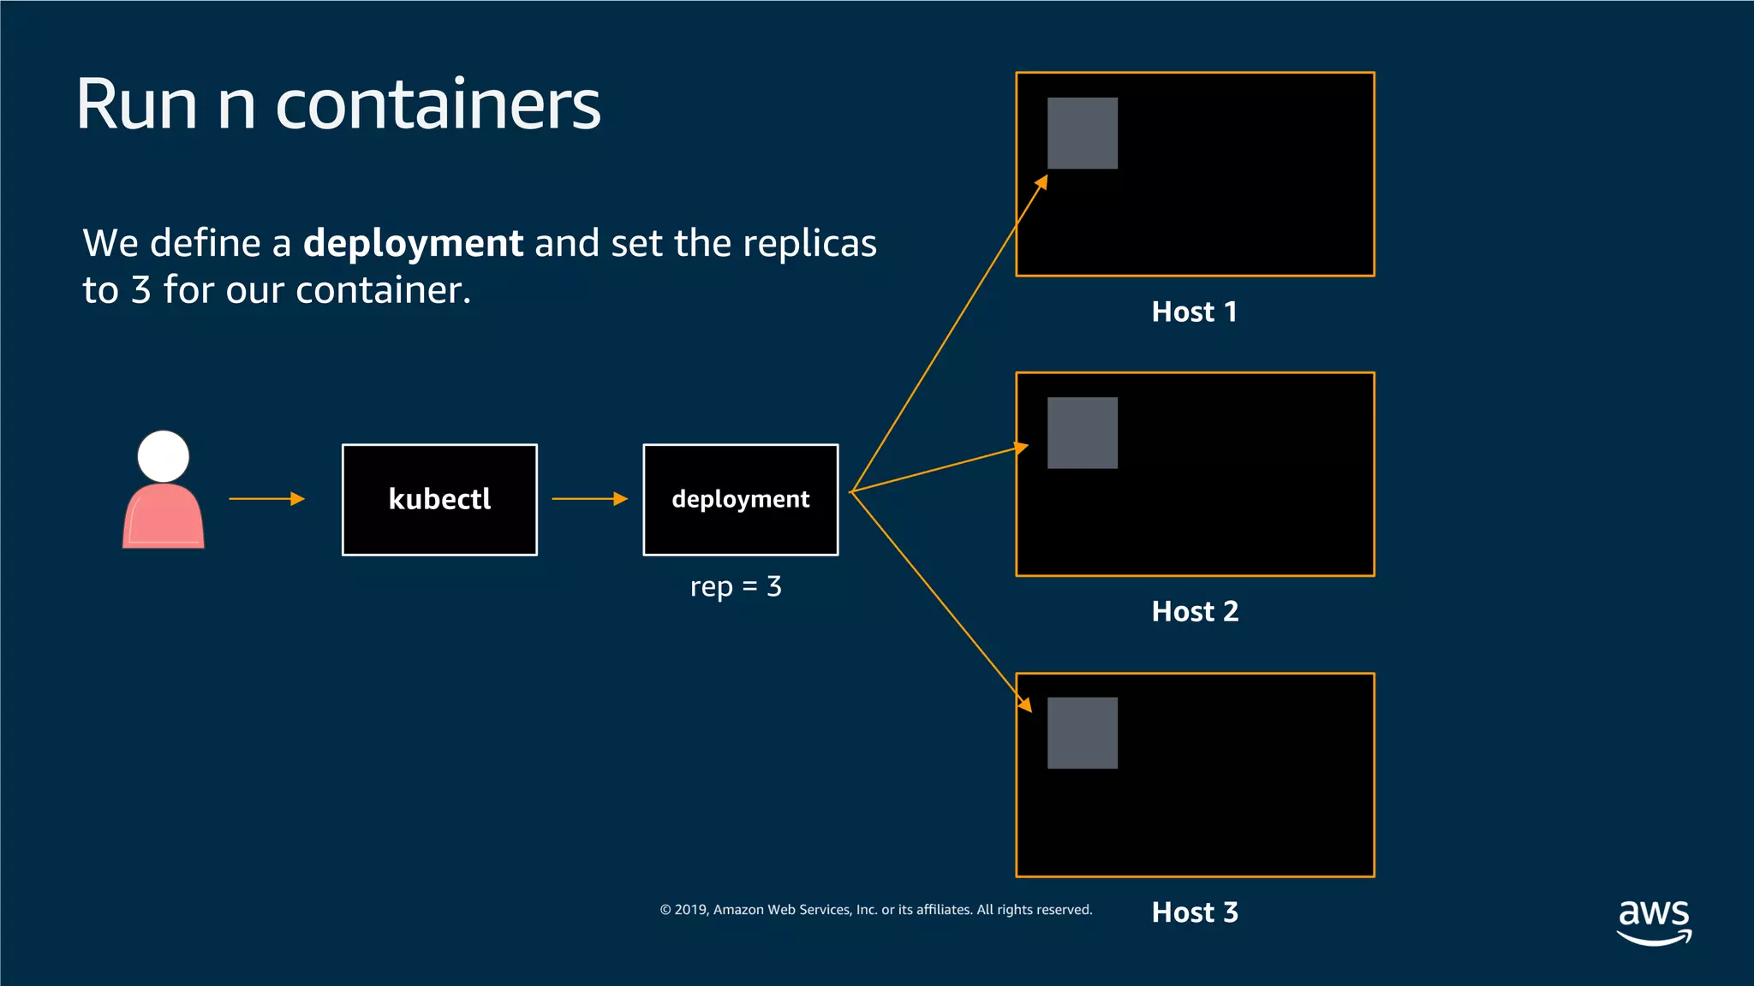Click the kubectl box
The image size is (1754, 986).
[x=439, y=500]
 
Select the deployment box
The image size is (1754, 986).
[x=740, y=500]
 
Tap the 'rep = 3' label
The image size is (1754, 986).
[x=736, y=586]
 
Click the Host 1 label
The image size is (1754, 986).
[x=1194, y=312]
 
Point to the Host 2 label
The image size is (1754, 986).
[x=1195, y=611]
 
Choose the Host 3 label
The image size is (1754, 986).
[x=1195, y=912]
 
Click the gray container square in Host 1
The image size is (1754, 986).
[x=1083, y=134]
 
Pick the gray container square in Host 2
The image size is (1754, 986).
[x=1083, y=433]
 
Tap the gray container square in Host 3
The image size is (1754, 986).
[x=1083, y=734]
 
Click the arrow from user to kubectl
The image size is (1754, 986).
[x=266, y=499]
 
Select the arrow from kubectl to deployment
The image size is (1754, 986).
[x=589, y=499]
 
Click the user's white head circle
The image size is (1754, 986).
[x=164, y=456]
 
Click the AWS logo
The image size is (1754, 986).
[x=1654, y=921]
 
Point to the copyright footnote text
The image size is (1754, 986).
[x=875, y=910]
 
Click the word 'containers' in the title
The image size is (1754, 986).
[x=438, y=104]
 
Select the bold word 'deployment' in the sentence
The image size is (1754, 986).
[x=413, y=244]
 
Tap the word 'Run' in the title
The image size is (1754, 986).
[x=137, y=104]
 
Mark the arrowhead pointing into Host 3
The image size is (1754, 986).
[x=1025, y=705]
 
